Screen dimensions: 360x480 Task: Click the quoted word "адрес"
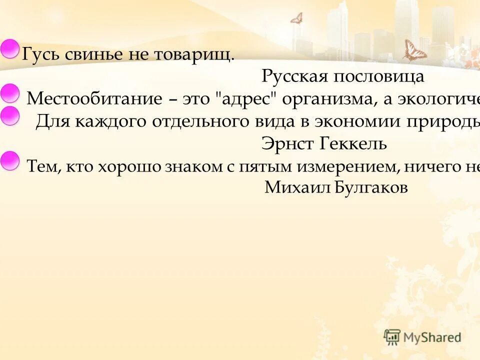[247, 98]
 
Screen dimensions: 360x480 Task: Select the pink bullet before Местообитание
[8, 93]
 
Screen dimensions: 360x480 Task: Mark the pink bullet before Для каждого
[8, 116]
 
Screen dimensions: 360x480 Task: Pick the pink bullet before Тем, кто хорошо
[8, 160]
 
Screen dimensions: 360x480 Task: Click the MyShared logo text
[432, 337]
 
